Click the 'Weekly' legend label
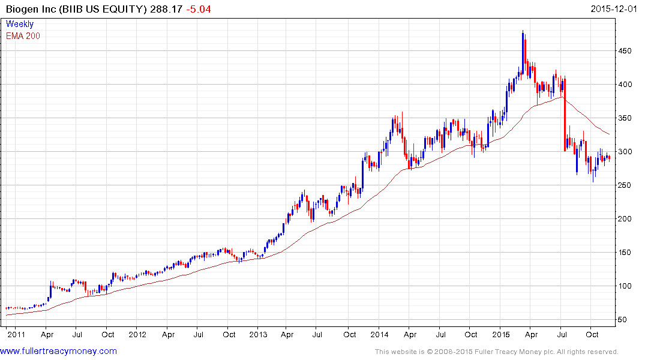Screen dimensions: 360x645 coord(20,25)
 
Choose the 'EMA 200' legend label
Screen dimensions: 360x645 coord(23,36)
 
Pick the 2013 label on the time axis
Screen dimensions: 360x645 coord(258,334)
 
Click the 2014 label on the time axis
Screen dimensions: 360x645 coord(380,334)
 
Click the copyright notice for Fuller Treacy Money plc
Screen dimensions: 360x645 coord(496,352)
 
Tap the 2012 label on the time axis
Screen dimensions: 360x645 coord(137,334)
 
